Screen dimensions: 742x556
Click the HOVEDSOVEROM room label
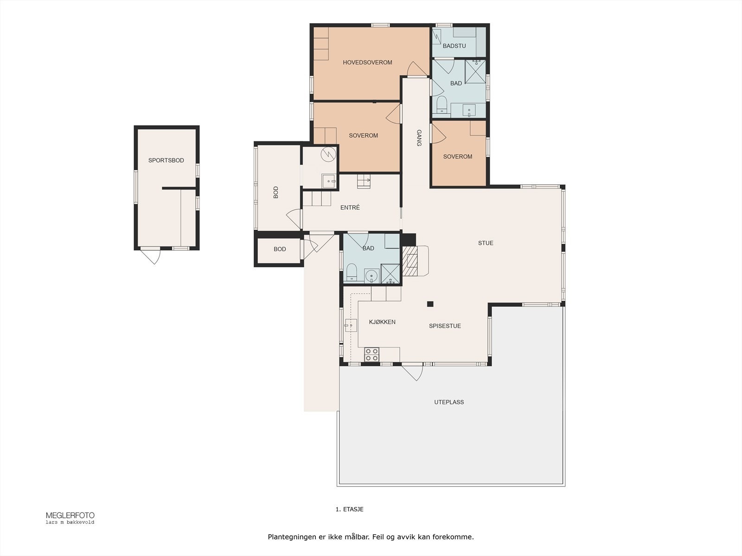coord(367,63)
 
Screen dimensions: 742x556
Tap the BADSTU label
coord(454,46)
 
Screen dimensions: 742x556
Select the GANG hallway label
coord(419,138)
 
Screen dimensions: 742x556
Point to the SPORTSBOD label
coord(166,160)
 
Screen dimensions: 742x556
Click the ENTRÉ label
coord(350,207)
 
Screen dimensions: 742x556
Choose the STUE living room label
coord(486,243)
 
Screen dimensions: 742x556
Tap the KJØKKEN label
coord(382,322)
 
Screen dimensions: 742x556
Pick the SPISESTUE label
coord(445,326)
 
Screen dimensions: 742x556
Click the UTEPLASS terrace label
coord(449,402)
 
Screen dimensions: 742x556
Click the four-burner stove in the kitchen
coord(371,355)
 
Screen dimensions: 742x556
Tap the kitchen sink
coord(351,325)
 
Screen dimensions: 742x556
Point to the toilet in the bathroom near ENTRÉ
coord(352,272)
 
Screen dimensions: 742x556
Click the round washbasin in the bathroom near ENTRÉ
coord(372,276)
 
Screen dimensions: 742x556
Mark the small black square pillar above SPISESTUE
coord(430,304)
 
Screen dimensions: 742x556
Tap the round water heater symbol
coord(328,154)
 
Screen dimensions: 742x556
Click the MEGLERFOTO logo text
coord(70,516)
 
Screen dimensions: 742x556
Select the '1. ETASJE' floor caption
coord(350,509)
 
